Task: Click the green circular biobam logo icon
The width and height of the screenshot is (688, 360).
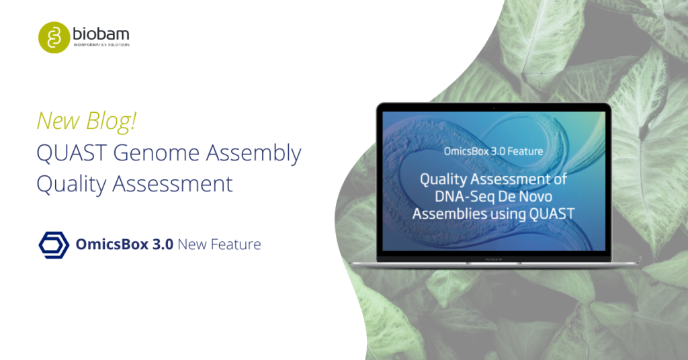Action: (x=53, y=36)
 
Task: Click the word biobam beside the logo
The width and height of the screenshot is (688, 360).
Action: (x=100, y=34)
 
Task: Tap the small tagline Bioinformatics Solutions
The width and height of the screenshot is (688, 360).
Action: (x=101, y=45)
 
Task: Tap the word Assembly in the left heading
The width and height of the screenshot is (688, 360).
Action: (x=254, y=154)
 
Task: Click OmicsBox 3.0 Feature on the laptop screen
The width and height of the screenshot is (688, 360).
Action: (x=493, y=151)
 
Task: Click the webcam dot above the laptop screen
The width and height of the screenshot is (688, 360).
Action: (x=493, y=107)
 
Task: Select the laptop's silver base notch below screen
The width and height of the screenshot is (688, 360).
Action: (x=493, y=263)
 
